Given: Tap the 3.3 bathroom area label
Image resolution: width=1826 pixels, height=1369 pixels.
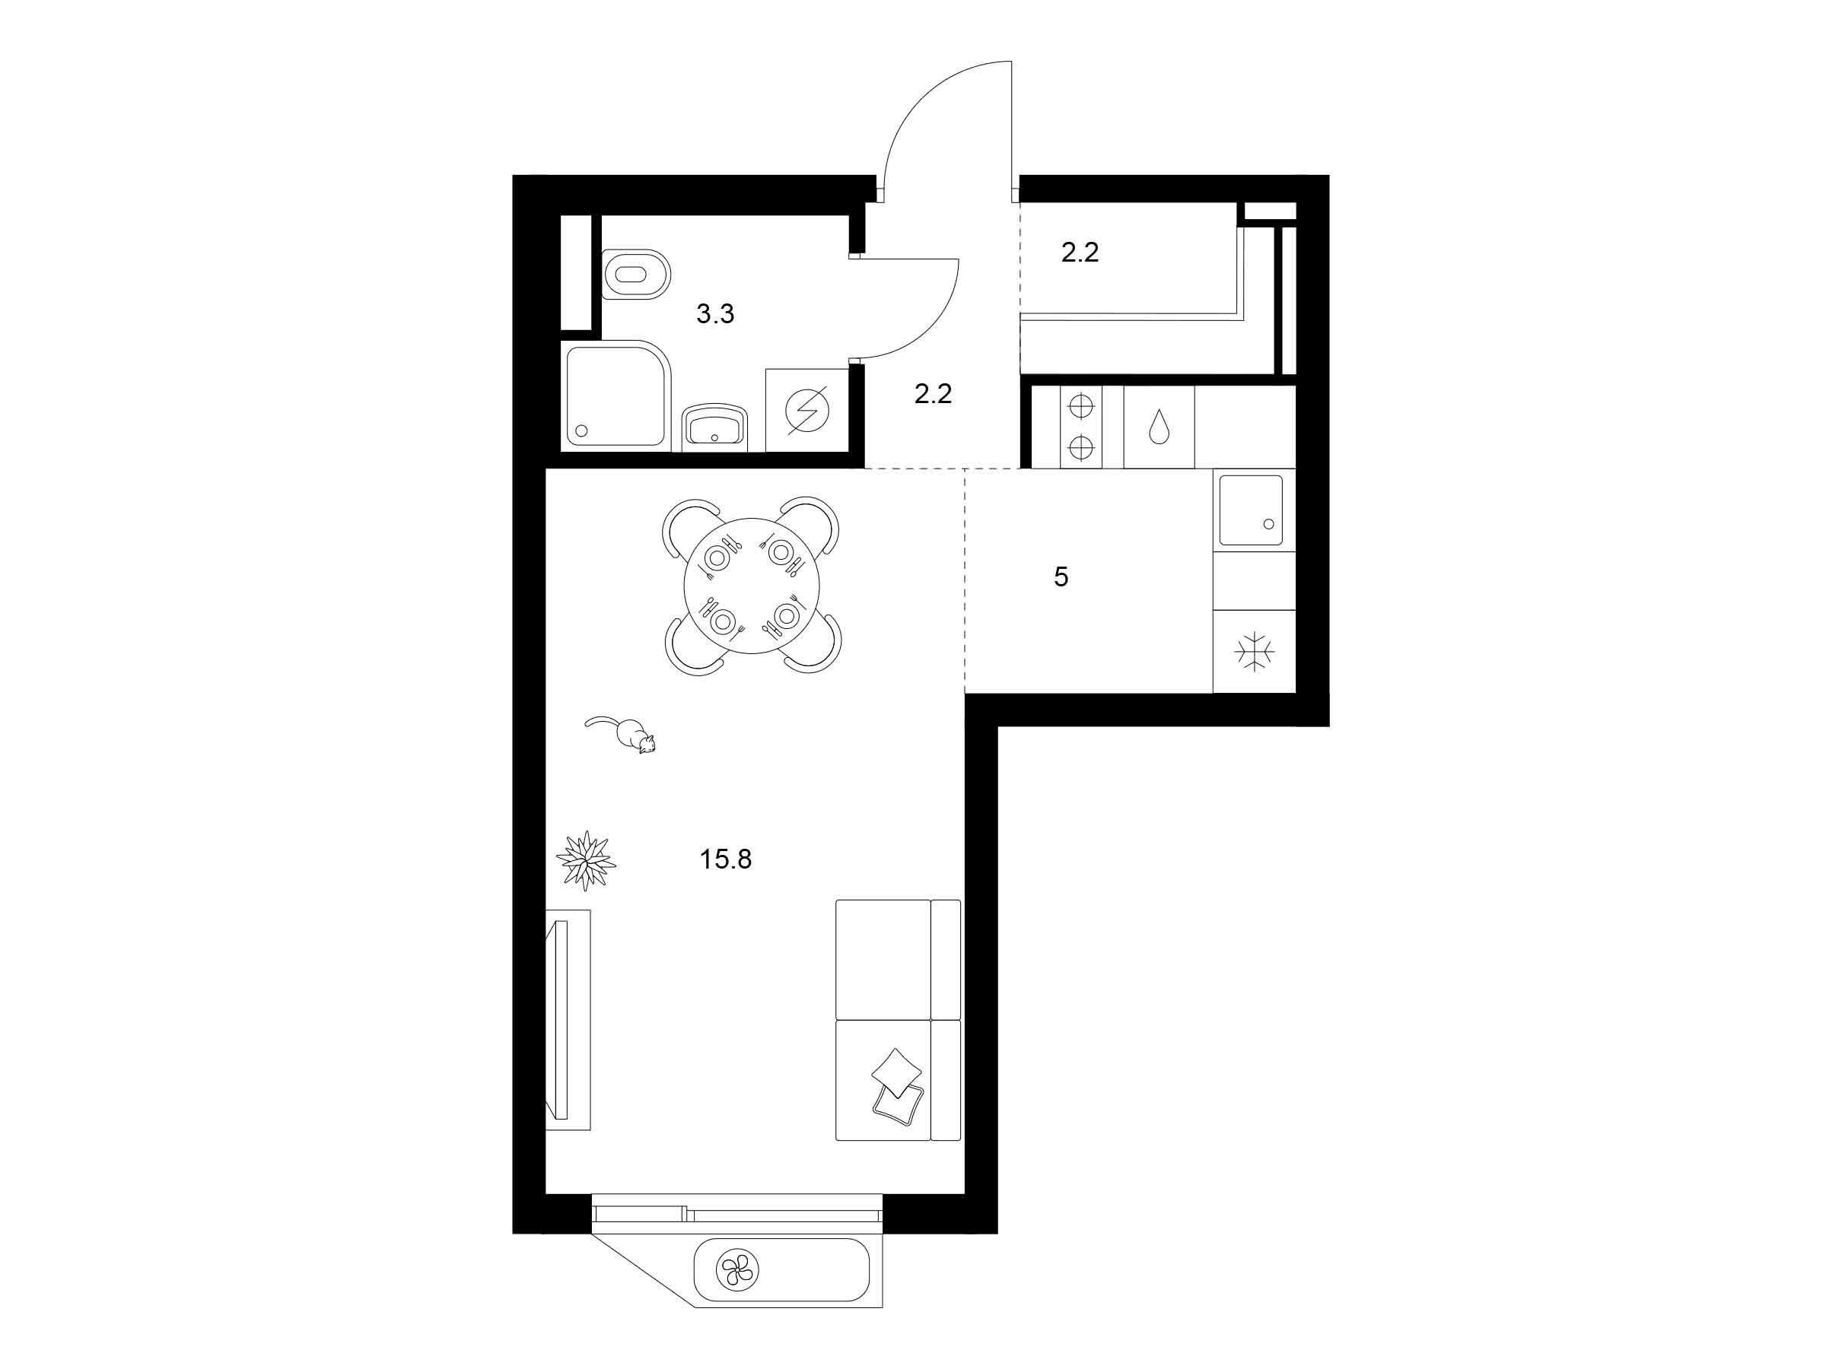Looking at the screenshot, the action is pyautogui.click(x=715, y=313).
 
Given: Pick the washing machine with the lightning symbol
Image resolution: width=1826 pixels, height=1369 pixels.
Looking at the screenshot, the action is pyautogui.click(x=807, y=410).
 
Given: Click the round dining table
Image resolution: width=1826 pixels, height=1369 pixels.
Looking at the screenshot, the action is pyautogui.click(x=752, y=586).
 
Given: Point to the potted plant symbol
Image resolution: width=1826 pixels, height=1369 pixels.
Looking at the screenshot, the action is pyautogui.click(x=586, y=861).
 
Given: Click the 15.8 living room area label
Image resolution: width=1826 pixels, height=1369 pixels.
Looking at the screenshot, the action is pyautogui.click(x=726, y=860).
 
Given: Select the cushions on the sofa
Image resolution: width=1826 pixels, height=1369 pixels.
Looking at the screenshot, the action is pyautogui.click(x=897, y=1088).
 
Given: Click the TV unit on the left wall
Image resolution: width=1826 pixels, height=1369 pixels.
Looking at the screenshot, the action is pyautogui.click(x=568, y=1020).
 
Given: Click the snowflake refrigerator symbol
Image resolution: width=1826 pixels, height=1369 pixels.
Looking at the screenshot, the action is pyautogui.click(x=1254, y=652).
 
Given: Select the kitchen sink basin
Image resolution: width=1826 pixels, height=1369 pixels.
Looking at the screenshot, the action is pyautogui.click(x=1251, y=510).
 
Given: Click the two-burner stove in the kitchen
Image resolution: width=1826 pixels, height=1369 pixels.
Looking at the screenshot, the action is pyautogui.click(x=1080, y=427).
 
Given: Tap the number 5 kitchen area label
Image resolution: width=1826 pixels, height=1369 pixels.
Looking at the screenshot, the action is pyautogui.click(x=1061, y=577).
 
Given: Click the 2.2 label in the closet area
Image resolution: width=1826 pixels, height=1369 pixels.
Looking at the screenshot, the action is pyautogui.click(x=1080, y=253).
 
